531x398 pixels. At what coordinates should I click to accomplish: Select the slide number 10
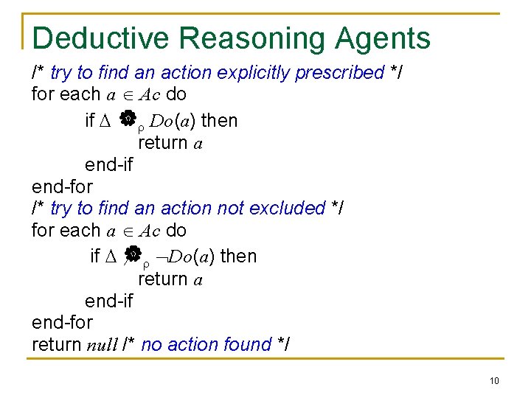point(493,380)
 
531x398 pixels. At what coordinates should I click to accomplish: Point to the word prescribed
point(339,72)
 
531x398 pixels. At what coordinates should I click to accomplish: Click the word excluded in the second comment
point(288,209)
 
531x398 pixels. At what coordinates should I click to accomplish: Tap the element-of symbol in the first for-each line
point(127,94)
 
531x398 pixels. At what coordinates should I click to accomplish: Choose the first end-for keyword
point(62,186)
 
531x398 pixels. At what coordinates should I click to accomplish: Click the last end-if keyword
point(108,301)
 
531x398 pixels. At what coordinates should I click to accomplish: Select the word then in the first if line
point(219,120)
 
